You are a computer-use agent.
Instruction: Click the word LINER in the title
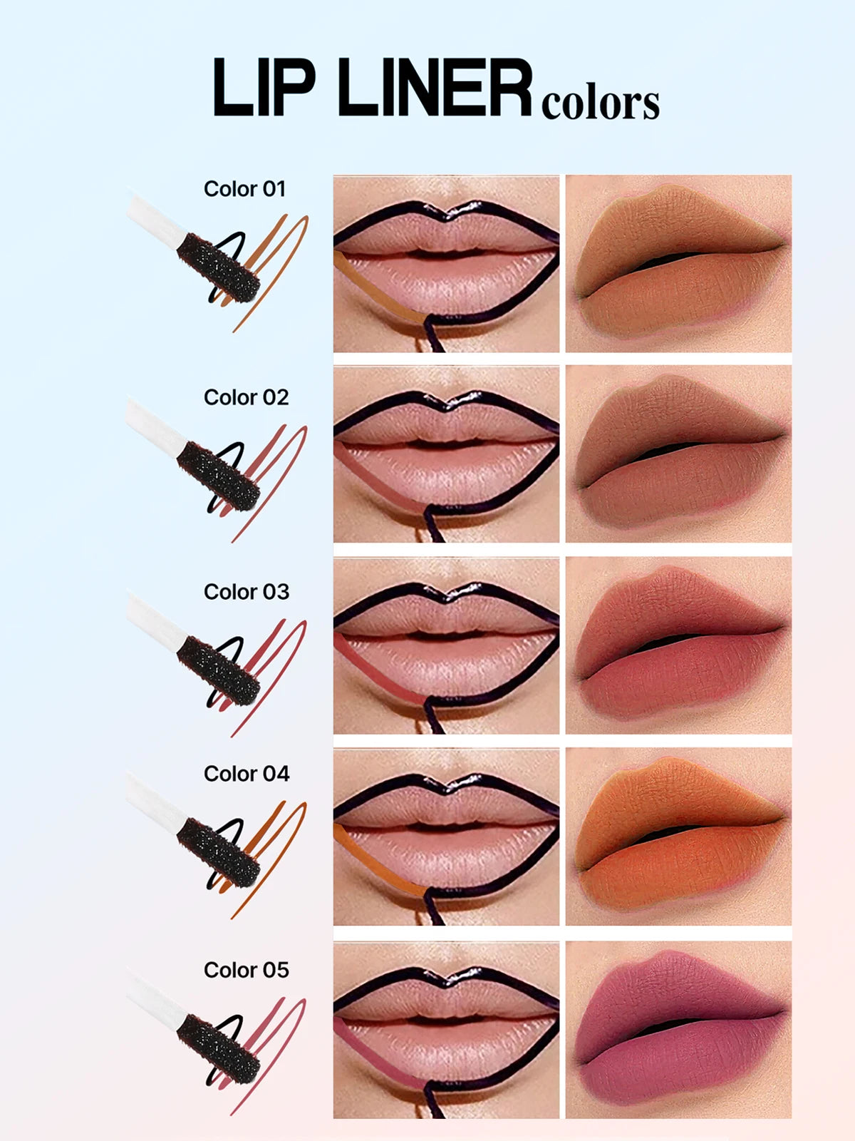click(435, 88)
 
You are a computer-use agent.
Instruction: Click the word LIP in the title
click(264, 88)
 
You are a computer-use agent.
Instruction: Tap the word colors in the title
click(600, 103)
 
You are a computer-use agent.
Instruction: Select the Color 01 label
click(244, 189)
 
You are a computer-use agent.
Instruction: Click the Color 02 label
click(246, 397)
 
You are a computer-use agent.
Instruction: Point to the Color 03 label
click(246, 592)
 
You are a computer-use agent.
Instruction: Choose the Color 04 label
click(246, 774)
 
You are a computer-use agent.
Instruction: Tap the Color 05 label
click(246, 970)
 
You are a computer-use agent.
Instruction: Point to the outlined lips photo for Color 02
click(446, 454)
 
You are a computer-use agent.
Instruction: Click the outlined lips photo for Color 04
click(446, 836)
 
